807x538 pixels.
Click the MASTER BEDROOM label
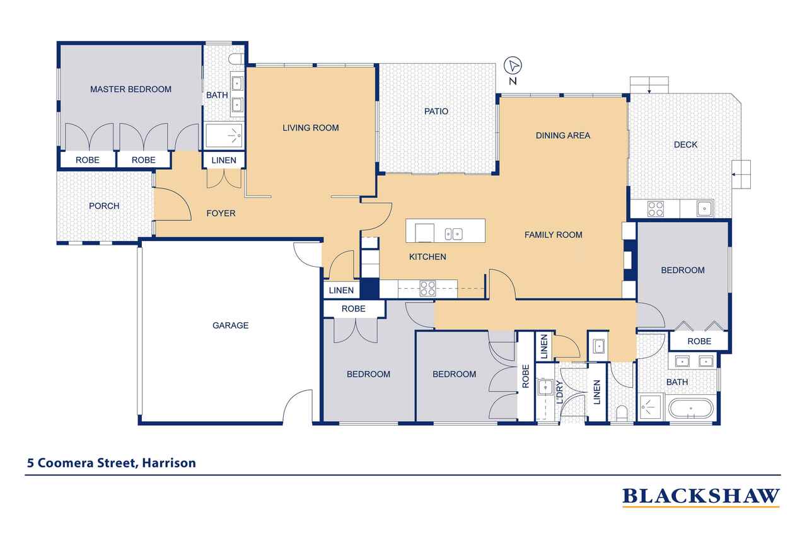click(x=131, y=89)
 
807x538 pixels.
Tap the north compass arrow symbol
click(x=513, y=66)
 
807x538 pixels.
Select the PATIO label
click(x=436, y=112)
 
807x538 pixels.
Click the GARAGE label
click(x=231, y=325)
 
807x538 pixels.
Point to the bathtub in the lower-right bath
click(x=690, y=408)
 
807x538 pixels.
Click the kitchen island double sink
click(x=453, y=234)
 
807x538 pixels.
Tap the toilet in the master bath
click(x=236, y=59)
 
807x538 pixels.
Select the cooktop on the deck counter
click(x=655, y=209)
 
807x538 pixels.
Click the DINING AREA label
click(x=563, y=136)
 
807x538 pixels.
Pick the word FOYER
click(x=221, y=213)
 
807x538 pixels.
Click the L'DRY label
click(x=559, y=392)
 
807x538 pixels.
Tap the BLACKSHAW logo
click(x=700, y=496)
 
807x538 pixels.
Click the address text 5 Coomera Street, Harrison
click(x=112, y=463)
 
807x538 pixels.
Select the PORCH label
click(x=104, y=206)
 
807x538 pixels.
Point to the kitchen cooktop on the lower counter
click(x=427, y=289)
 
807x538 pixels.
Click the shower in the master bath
click(x=224, y=136)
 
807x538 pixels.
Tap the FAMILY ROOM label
click(x=554, y=235)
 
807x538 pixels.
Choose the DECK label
click(x=685, y=144)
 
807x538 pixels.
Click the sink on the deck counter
click(x=704, y=209)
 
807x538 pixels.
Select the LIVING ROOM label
click(x=311, y=127)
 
